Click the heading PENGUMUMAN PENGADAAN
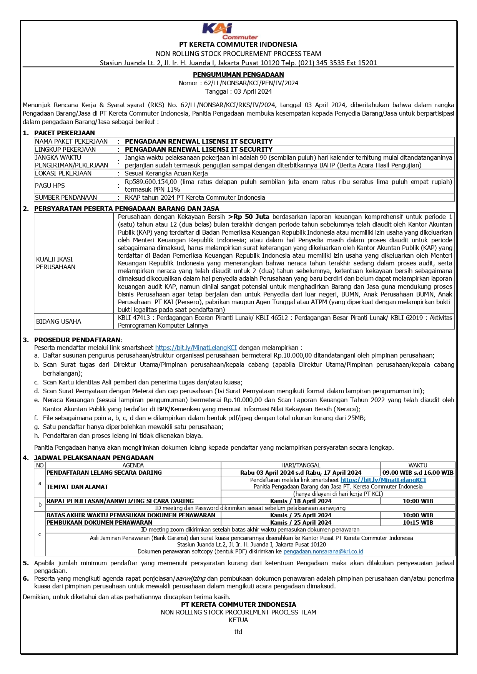[238, 75]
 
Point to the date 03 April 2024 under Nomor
[253, 91]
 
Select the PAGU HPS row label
[50, 185]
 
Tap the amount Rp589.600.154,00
[151, 182]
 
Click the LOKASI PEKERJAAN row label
[63, 173]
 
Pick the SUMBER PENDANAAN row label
[66, 197]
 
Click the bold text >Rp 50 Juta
[249, 217]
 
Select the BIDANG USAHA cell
[58, 321]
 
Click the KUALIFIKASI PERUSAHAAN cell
[56, 263]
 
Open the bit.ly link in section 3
[196, 348]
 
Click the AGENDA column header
[133, 465]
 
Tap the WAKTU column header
[418, 465]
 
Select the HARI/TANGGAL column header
[301, 465]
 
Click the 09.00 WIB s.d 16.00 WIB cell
[418, 472]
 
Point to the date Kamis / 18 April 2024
[301, 501]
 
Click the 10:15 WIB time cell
[418, 522]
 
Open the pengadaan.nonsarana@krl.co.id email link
[323, 551]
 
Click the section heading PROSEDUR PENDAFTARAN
[77, 340]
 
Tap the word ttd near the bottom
[238, 632]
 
